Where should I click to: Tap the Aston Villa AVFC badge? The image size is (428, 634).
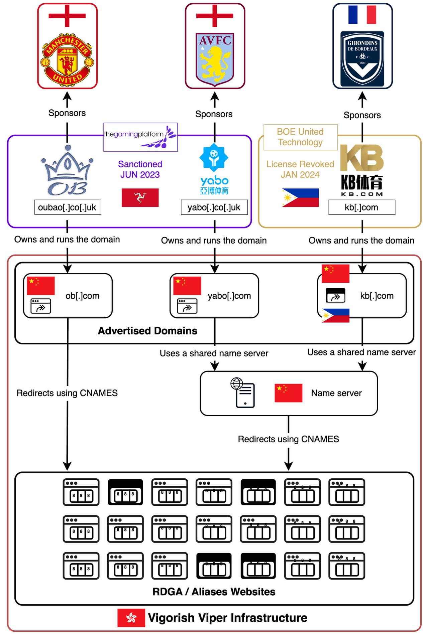coord(215,58)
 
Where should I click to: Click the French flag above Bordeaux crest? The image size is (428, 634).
coord(362,15)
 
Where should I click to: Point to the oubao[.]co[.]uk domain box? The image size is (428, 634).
coord(68,207)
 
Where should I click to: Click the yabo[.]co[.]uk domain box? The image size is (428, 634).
coord(214,207)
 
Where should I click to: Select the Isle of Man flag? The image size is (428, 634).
coord(140,197)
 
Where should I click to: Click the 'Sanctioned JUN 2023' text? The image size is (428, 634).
coord(140,169)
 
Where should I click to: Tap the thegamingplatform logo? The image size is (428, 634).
coord(140,137)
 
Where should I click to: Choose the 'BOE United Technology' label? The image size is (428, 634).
coord(300,137)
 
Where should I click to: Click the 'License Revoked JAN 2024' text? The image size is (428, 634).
coord(300,169)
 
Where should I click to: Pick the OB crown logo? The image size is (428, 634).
coord(68,171)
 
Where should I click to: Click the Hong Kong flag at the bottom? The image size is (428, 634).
coord(131,618)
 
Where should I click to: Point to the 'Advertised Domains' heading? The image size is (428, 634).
coord(147,331)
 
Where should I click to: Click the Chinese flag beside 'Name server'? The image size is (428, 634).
coord(288,393)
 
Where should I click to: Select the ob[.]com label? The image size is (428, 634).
coord(82,296)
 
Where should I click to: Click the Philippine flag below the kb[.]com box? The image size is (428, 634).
coord(335,315)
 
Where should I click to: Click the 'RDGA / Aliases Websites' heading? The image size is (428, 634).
coord(214,592)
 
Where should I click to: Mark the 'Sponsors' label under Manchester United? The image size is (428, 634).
coord(67,113)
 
